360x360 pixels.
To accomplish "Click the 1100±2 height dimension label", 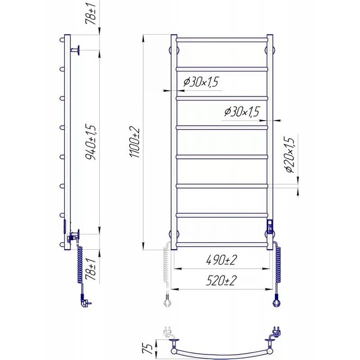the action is [x=135, y=142].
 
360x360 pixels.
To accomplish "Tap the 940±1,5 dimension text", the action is [x=90, y=142].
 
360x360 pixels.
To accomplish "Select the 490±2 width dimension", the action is [x=221, y=261].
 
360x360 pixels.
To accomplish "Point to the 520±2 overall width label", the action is [x=221, y=280].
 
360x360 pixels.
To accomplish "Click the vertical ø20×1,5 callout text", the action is [x=289, y=154].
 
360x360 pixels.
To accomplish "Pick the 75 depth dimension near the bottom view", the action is [x=149, y=348].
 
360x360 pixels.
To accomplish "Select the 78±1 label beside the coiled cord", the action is [x=90, y=269].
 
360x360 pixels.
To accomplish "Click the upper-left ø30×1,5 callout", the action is [x=201, y=82].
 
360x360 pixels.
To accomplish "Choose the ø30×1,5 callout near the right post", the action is [x=242, y=112].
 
